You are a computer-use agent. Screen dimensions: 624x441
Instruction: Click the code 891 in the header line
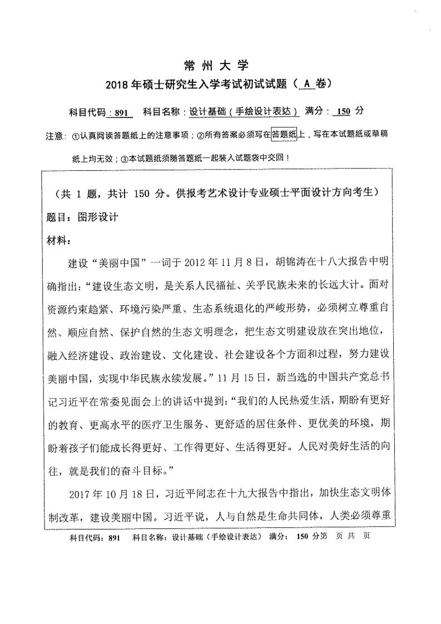tap(121, 112)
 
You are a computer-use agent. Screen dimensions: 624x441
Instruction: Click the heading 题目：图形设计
tap(83, 217)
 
